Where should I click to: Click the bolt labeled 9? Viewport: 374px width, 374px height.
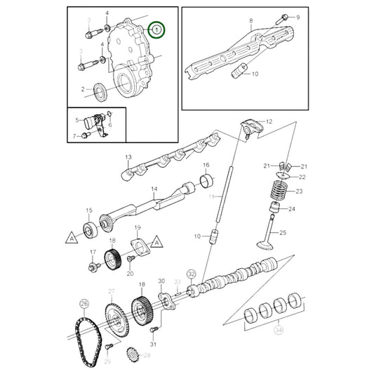click(x=284, y=17)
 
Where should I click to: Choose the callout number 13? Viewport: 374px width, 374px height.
click(x=128, y=156)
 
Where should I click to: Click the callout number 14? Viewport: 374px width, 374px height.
click(x=154, y=189)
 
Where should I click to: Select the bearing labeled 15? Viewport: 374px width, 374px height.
click(x=90, y=227)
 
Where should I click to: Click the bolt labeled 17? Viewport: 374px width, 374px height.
click(x=93, y=267)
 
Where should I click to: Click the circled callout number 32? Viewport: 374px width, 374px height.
click(x=191, y=274)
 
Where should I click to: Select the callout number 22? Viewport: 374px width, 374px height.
click(x=302, y=178)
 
